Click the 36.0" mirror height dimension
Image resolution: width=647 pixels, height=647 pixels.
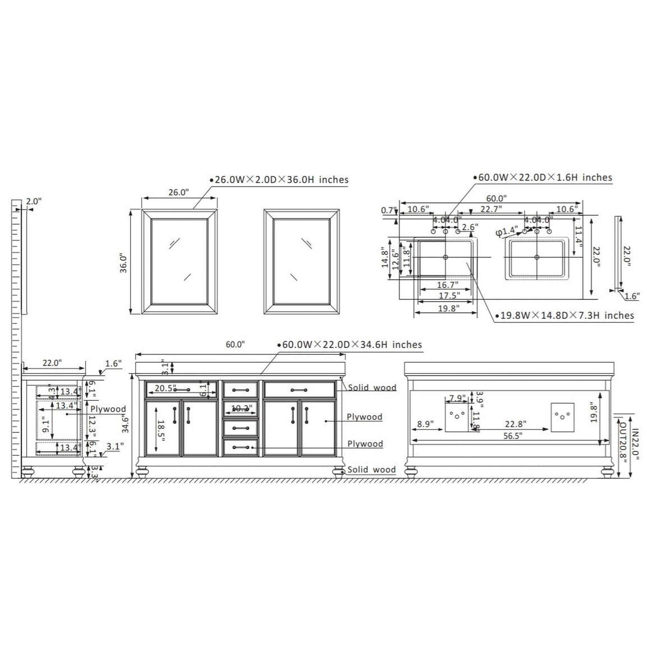click(x=124, y=264)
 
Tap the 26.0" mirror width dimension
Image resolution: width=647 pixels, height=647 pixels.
click(x=179, y=192)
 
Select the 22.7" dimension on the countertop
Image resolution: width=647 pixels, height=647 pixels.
click(x=491, y=209)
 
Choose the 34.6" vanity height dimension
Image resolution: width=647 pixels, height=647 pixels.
click(x=126, y=424)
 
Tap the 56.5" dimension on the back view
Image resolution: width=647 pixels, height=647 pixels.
click(x=513, y=436)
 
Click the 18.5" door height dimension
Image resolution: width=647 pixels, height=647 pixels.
click(x=160, y=431)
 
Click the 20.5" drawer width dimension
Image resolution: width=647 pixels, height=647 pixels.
click(x=165, y=388)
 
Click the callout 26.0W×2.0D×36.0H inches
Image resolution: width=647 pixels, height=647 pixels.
click(x=281, y=180)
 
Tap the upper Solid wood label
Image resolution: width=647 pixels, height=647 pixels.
click(x=372, y=387)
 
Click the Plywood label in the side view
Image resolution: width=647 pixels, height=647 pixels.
click(x=108, y=409)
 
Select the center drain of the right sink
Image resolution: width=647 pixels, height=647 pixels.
click(x=537, y=257)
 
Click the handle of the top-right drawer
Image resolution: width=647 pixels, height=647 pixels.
click(x=299, y=390)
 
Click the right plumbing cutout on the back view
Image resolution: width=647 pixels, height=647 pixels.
click(x=563, y=417)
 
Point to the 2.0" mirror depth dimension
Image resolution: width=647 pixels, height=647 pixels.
click(x=34, y=201)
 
